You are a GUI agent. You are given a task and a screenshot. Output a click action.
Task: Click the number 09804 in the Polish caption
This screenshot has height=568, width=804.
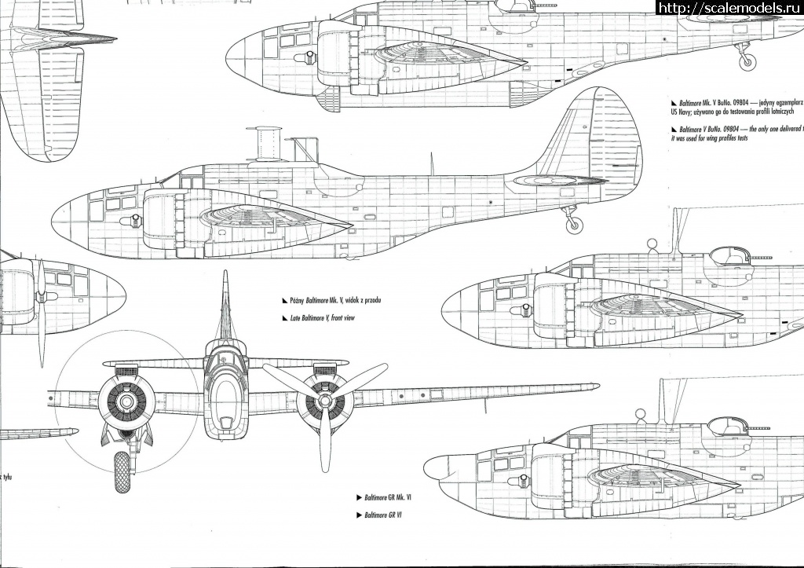pos(734,103)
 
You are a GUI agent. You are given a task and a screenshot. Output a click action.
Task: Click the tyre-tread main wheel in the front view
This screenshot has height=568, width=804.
pos(122,471)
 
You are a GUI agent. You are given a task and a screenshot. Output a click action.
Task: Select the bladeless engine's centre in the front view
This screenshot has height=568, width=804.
pos(126,401)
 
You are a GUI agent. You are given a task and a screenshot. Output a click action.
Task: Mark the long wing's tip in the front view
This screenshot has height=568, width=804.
pos(593,386)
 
